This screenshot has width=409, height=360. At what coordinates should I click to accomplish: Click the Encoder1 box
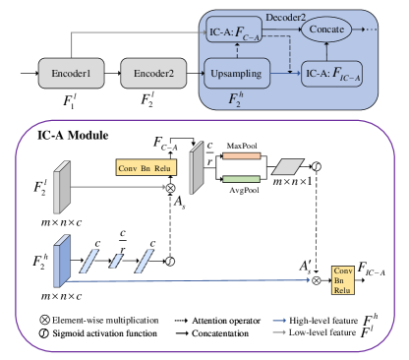pos(71,74)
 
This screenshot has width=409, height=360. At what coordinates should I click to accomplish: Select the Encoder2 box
pos(152,74)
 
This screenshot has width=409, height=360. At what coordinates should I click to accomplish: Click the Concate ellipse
pos(326,30)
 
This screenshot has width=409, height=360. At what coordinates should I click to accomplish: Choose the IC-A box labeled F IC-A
pos(331,74)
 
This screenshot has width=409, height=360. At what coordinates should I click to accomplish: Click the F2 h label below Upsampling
pos(235,97)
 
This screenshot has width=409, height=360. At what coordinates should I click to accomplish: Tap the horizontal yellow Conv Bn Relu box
pos(144,167)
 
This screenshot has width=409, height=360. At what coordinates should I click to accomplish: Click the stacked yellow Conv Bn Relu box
pos(342,280)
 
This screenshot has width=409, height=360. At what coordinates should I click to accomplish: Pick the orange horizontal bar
pos(241,155)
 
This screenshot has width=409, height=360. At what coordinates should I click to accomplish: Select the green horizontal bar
pos(241,179)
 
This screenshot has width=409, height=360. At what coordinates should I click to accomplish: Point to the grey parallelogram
pos(289,167)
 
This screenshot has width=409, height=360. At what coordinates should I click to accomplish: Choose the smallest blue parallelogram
pos(116,261)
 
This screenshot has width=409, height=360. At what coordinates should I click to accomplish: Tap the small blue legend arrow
pos(278,320)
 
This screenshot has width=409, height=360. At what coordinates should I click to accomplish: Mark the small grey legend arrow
pos(278,332)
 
